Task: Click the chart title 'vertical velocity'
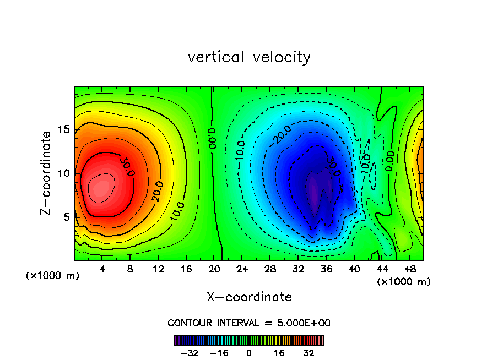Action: point(249,57)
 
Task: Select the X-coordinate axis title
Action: point(249,297)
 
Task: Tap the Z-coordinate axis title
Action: point(47,172)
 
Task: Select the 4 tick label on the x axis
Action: point(102,269)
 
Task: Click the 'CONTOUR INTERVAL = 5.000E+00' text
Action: point(249,323)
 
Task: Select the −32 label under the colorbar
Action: point(189,353)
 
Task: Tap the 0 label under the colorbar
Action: point(249,353)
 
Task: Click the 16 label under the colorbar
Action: point(279,353)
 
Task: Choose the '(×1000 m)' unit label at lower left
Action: point(53,276)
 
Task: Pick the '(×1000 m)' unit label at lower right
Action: point(404,282)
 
